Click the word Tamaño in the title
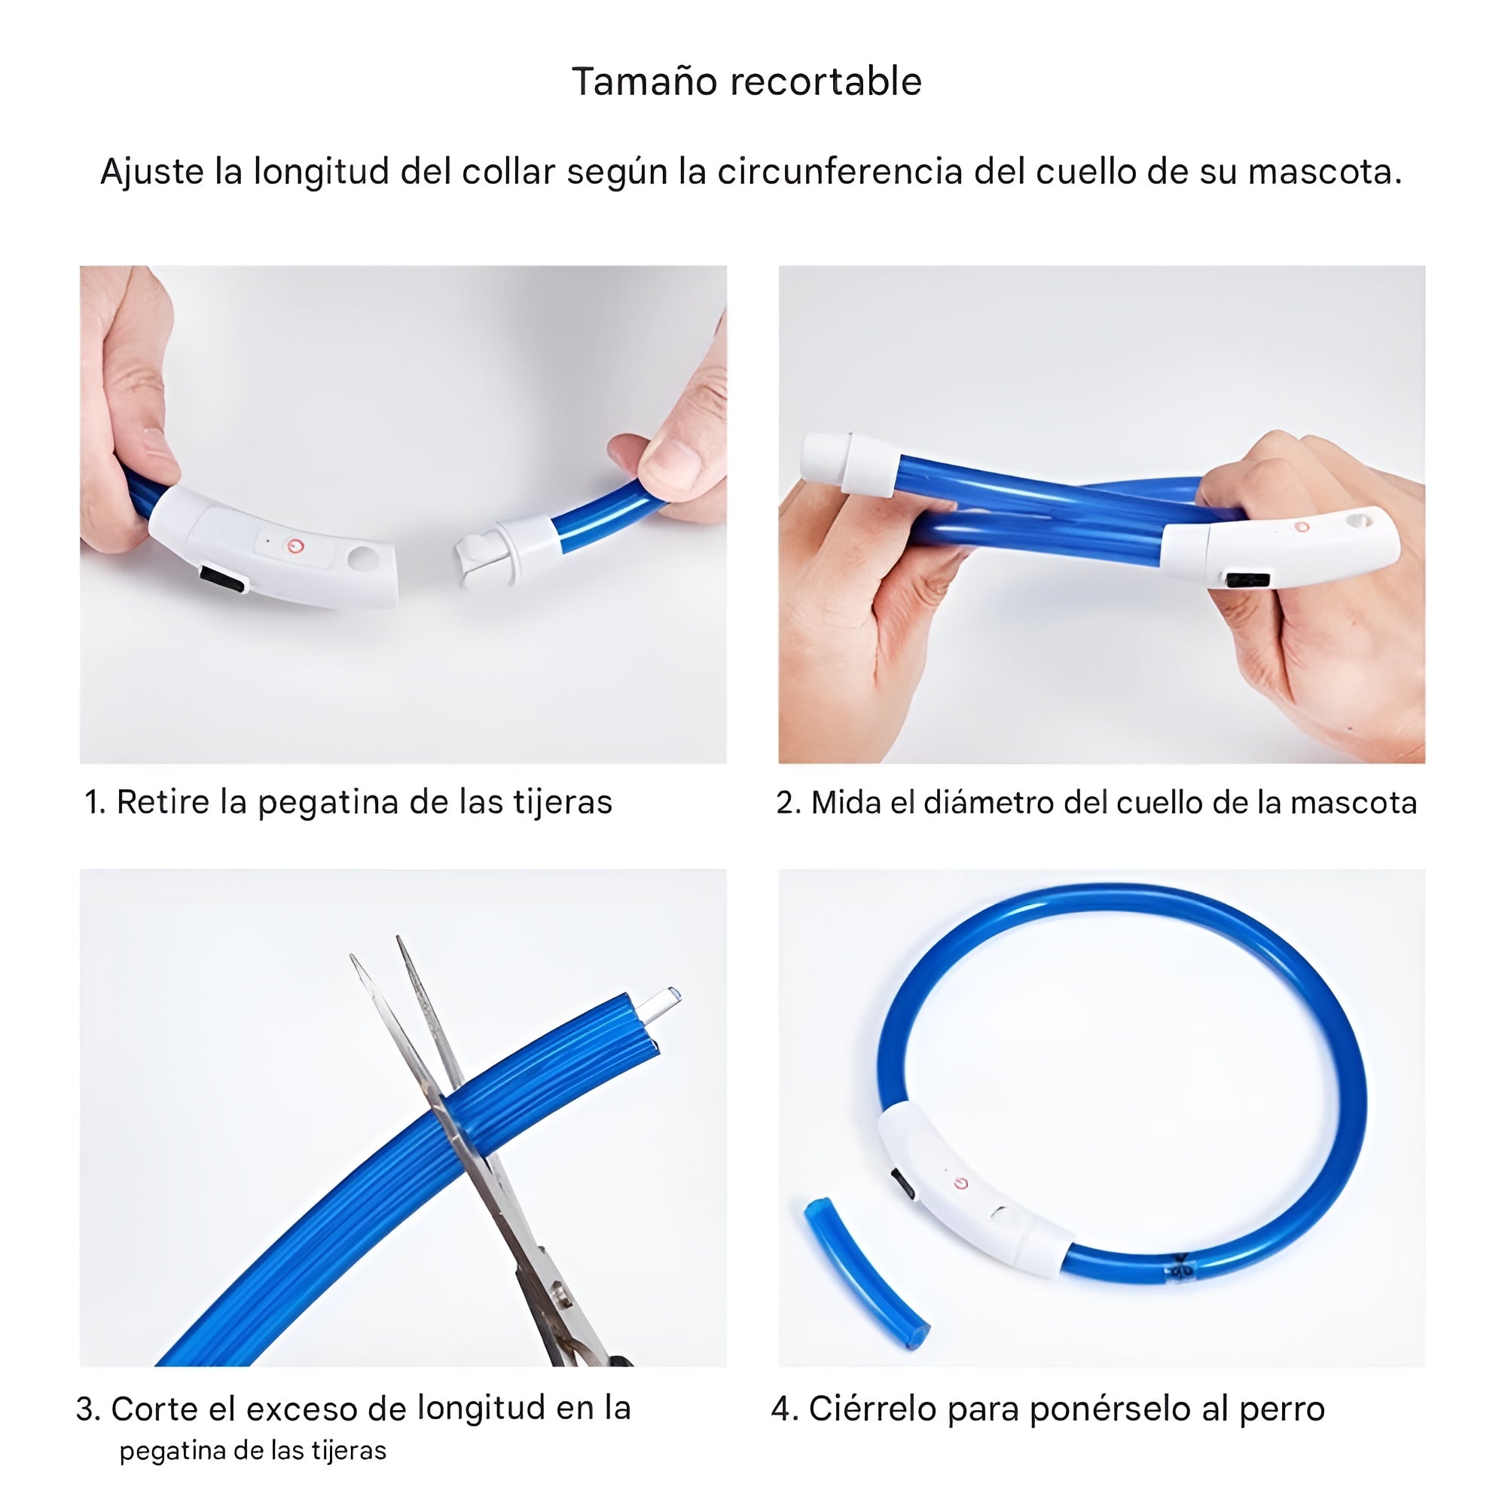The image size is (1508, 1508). point(633,81)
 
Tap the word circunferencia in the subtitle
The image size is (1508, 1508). point(840,172)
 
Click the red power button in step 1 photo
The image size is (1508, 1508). point(295,546)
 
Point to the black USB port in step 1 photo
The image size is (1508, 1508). point(221,579)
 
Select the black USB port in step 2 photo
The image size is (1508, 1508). point(1247,580)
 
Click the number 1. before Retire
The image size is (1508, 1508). point(94,802)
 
